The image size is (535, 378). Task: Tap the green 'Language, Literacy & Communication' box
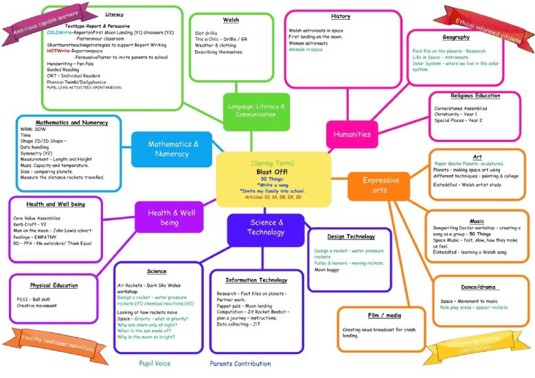(257, 110)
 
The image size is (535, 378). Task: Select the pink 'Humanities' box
(352, 134)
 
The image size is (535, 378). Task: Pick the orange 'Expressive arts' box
(376, 185)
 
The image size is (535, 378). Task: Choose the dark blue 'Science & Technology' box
(266, 227)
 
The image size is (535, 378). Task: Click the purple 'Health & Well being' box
(169, 217)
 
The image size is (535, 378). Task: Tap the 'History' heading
(340, 16)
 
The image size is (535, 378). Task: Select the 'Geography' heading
(456, 37)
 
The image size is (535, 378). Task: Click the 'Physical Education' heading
(53, 285)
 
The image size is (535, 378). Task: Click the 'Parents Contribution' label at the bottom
(240, 363)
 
